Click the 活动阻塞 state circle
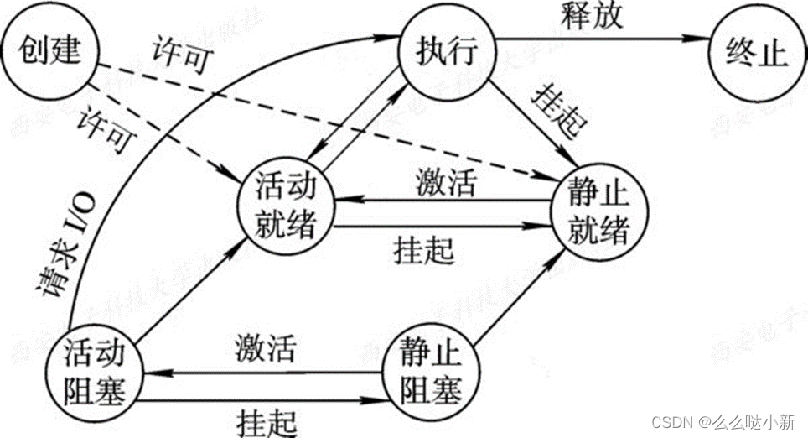pos(99,369)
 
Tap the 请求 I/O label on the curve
pos(68,252)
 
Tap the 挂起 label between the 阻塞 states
pos(265,417)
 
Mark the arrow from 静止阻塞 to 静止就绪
pos(515,298)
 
